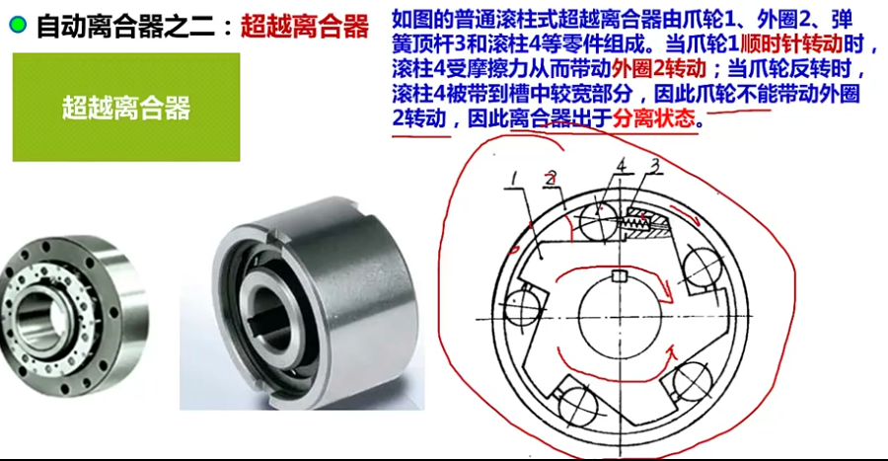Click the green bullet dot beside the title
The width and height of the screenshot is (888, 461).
click(x=18, y=25)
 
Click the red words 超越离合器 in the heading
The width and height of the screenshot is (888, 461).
click(x=305, y=26)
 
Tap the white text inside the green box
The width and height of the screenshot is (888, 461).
click(x=125, y=108)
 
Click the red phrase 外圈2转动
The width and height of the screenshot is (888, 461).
click(x=659, y=69)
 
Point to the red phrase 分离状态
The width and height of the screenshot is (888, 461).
click(x=653, y=118)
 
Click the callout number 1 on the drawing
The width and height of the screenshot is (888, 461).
click(x=514, y=179)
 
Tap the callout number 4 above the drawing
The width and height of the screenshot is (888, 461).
click(x=622, y=166)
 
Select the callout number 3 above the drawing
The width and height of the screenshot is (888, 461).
click(x=655, y=166)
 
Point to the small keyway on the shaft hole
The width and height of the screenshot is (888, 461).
click(x=621, y=276)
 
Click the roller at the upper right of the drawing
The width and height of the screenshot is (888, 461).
click(x=703, y=267)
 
